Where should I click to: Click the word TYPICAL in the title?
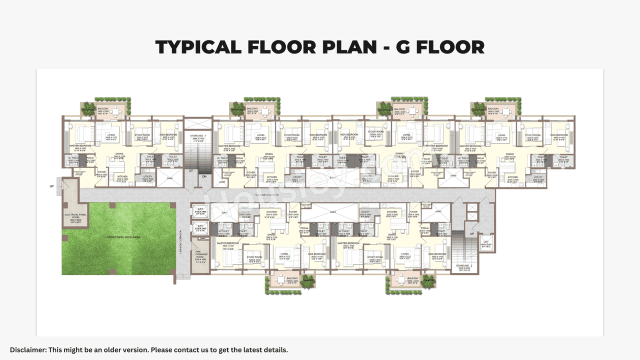198,47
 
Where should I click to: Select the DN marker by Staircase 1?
204,176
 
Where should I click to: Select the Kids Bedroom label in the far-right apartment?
558,135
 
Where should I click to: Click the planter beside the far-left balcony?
88,109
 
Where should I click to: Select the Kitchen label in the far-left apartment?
122,177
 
